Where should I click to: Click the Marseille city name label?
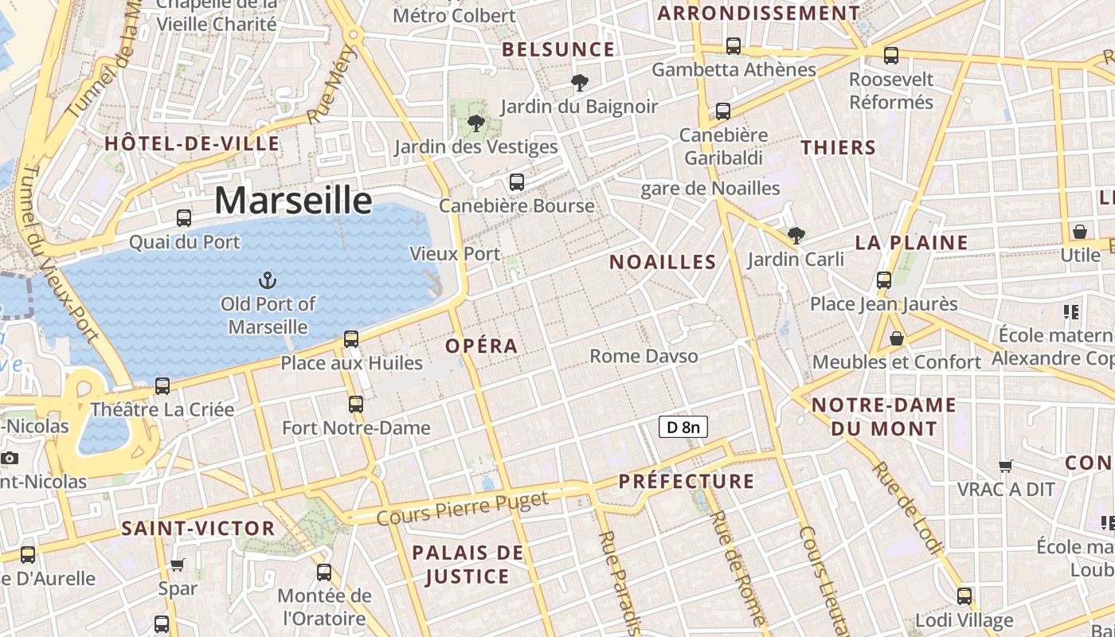(293, 200)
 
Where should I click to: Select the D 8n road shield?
(683, 428)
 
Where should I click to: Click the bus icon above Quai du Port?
(184, 217)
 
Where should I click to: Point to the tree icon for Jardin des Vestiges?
(476, 123)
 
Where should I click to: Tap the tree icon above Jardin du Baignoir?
(580, 82)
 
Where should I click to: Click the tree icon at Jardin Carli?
(796, 236)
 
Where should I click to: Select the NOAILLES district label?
(663, 262)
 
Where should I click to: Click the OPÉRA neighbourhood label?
(482, 346)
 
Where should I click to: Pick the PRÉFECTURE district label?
(687, 481)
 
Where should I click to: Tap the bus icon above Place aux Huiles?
(351, 339)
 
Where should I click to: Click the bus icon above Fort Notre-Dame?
(356, 404)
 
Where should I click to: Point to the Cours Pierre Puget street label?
(463, 508)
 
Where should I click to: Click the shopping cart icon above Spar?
(178, 565)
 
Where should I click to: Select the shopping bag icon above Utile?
(1080, 232)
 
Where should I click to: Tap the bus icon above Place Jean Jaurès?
(884, 280)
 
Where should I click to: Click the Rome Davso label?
(644, 356)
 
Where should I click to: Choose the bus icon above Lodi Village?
(964, 596)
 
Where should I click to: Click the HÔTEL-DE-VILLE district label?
(192, 144)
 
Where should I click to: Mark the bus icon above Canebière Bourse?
(517, 182)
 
